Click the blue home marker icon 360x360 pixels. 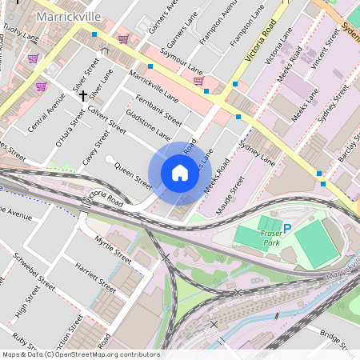179,173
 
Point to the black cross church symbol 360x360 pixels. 83,95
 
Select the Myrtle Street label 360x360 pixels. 113,249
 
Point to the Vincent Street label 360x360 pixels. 318,55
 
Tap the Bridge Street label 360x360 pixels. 335,341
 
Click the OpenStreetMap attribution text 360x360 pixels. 80,354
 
